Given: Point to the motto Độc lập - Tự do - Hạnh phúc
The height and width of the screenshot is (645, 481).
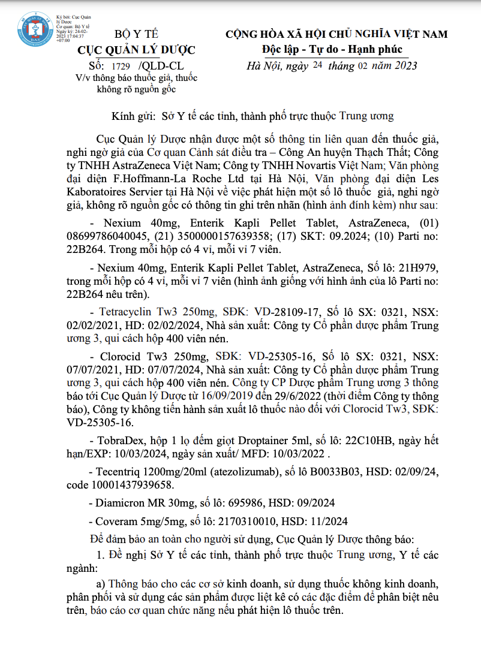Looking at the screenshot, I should click(332, 49).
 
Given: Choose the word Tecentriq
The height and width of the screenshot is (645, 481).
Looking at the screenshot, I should click(119, 471).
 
